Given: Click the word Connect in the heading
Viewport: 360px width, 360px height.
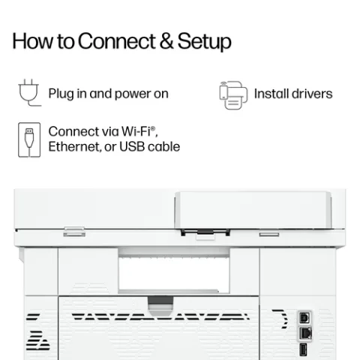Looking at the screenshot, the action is click(x=117, y=41).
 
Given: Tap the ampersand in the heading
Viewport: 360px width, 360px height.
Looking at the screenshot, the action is click(x=166, y=41).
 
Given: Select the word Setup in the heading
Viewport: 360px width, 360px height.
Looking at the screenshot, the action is click(x=205, y=42).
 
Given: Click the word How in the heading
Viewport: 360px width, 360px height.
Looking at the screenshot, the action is click(x=33, y=41).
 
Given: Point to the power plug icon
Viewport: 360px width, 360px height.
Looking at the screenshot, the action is click(x=29, y=92).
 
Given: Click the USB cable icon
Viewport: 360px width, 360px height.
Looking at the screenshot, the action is click(x=29, y=139).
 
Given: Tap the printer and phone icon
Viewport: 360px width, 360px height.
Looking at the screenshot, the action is click(x=233, y=95).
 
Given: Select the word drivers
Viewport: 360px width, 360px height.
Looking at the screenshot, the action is click(x=312, y=94).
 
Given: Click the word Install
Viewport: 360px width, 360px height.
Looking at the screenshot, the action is click(x=271, y=94).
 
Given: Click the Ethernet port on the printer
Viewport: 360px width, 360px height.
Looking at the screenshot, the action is click(x=305, y=333).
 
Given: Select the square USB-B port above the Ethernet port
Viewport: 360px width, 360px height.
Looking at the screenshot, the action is click(x=304, y=318).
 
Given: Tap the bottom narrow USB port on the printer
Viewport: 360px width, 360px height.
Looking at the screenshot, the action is click(x=303, y=349).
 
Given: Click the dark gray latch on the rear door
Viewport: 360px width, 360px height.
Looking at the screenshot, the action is click(x=160, y=300).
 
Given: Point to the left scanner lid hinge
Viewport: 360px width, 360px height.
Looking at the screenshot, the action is click(x=74, y=232).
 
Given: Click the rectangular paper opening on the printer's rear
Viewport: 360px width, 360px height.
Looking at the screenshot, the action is click(x=174, y=274).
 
